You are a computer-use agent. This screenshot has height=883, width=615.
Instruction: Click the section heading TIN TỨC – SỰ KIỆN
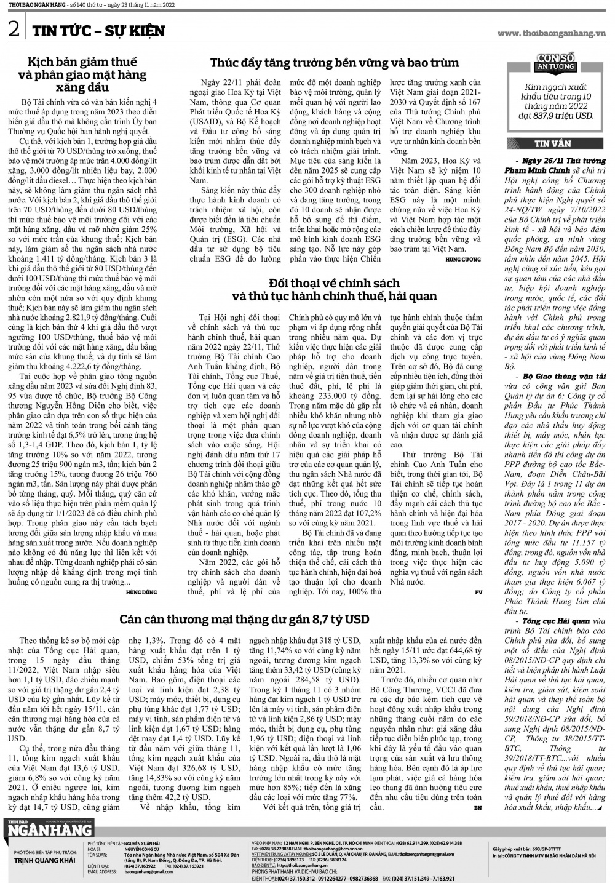tap(98, 31)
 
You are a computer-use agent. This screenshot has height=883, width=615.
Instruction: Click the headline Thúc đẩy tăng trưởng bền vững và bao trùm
tap(335, 63)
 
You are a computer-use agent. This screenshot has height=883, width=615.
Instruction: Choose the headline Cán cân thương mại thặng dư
tap(244, 619)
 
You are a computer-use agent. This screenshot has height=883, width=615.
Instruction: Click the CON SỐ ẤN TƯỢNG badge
tap(555, 62)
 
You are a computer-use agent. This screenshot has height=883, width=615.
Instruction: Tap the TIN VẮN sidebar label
tap(552, 143)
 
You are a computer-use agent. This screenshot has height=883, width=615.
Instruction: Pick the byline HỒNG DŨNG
tap(141, 592)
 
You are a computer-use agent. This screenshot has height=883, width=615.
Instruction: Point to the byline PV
tap(478, 592)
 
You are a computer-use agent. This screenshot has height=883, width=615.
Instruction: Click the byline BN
tap(478, 807)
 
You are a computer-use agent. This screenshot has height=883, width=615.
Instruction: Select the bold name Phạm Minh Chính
tap(537, 170)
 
